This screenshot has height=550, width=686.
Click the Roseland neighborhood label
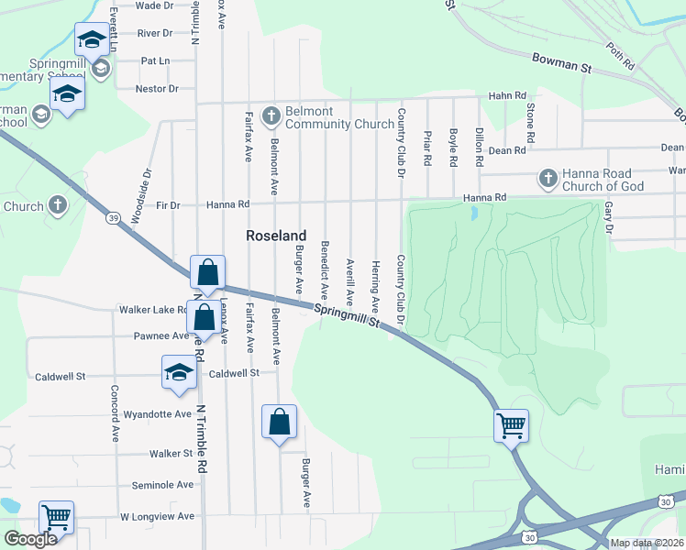point(276,236)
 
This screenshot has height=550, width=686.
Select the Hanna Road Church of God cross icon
point(548,178)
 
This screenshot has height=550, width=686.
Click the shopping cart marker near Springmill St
point(510,423)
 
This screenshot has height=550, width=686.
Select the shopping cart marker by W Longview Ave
point(57,517)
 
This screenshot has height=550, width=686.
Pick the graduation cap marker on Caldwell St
point(179,371)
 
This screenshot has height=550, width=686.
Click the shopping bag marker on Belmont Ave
point(280,422)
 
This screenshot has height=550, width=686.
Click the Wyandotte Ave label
point(157,414)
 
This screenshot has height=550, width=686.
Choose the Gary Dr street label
point(608,217)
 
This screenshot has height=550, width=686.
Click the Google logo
point(30,539)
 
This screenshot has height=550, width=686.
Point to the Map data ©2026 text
point(647,543)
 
